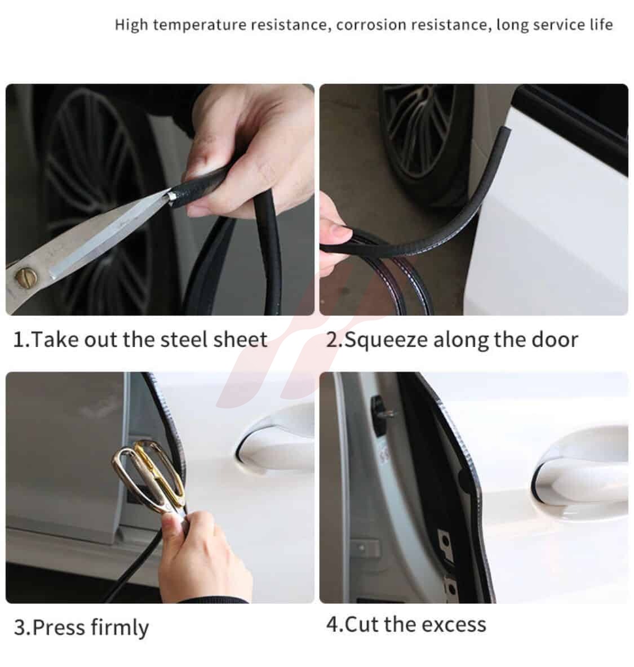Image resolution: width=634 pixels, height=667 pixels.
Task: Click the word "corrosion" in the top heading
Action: point(371,25)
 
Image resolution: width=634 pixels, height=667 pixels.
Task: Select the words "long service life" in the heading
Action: point(555,24)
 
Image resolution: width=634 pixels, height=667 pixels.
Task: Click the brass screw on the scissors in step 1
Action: point(26,277)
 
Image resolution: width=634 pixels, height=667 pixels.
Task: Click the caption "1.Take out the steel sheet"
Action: point(140,340)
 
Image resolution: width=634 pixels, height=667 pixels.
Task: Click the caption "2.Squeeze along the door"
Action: point(452,340)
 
